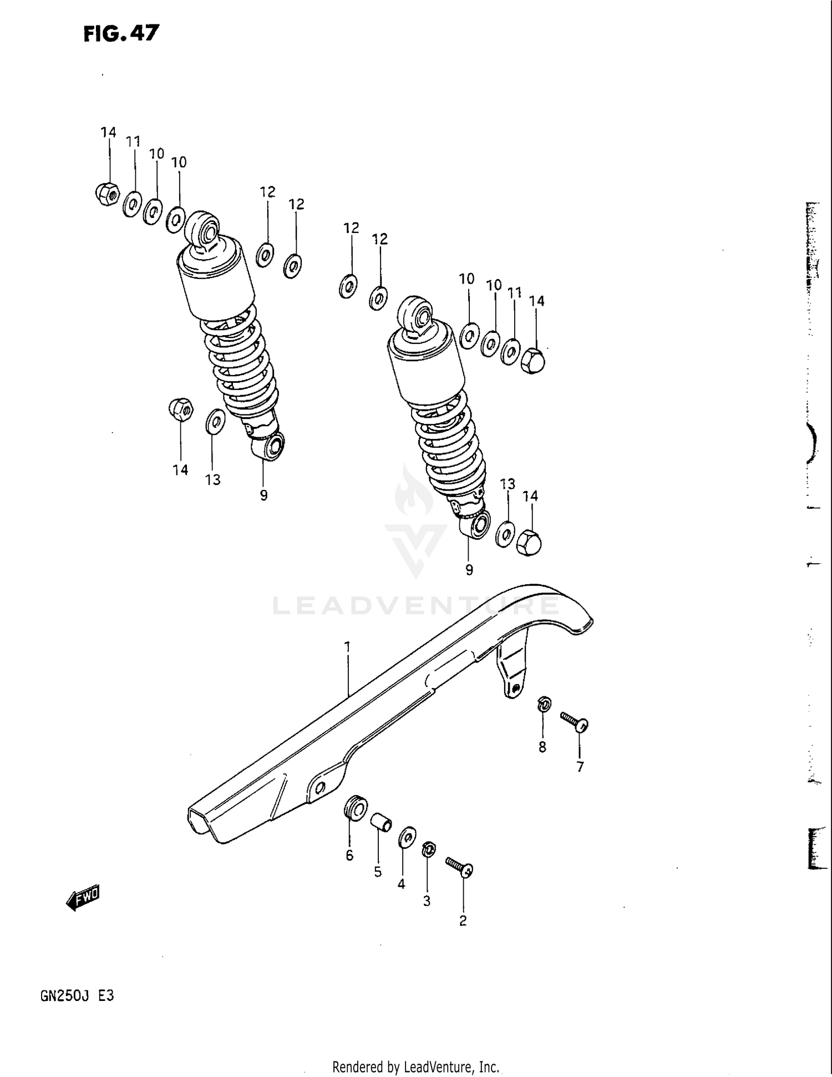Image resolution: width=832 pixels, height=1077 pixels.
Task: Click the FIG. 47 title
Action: (121, 34)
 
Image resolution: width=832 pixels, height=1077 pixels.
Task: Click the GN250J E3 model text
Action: (77, 996)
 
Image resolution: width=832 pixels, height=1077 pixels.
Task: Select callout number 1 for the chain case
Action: (347, 647)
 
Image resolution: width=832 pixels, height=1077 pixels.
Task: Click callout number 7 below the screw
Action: (580, 767)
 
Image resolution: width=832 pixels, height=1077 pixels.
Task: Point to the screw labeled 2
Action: (459, 867)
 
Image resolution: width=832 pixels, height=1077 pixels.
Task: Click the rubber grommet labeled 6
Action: (355, 807)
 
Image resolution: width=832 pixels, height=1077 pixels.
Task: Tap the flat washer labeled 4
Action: (407, 837)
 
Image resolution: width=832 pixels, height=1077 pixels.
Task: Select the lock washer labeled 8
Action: (544, 705)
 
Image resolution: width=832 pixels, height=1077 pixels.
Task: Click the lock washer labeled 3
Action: (428, 848)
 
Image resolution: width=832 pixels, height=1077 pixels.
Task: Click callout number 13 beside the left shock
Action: (213, 480)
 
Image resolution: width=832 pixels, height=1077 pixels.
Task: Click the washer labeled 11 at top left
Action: (131, 204)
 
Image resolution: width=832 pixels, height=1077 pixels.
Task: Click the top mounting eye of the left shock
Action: (203, 227)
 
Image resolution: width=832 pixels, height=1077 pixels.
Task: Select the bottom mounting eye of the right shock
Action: (476, 524)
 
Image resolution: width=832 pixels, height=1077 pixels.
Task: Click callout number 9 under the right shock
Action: (469, 570)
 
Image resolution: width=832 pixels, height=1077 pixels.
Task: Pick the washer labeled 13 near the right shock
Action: (505, 534)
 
